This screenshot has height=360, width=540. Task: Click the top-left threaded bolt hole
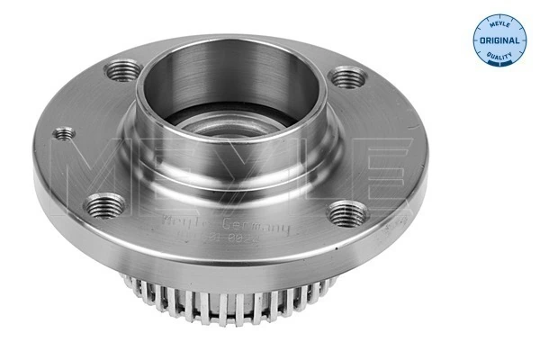[123, 68]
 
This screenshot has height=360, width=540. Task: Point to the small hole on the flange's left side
[62, 135]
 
